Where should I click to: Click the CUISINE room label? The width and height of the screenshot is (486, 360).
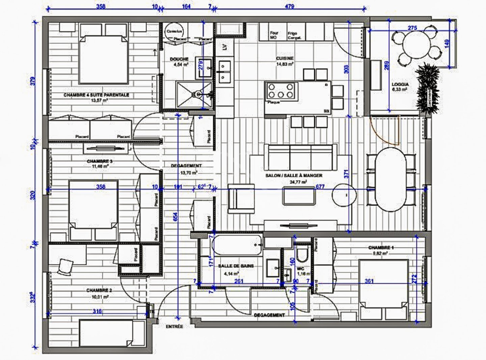click(x=285, y=58)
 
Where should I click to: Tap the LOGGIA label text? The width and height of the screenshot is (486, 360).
click(x=400, y=84)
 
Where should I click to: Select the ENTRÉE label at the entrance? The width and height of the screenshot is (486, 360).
click(x=174, y=327)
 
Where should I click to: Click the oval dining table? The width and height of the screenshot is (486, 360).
click(x=390, y=179)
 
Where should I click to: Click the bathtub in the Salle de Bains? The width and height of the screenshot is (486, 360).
click(x=237, y=245)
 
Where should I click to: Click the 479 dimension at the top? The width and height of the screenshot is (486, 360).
click(x=290, y=6)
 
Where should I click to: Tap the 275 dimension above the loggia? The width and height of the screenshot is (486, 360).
click(x=412, y=28)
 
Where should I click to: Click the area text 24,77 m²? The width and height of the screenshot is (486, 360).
click(x=298, y=182)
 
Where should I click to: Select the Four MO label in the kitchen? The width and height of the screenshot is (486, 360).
click(x=274, y=35)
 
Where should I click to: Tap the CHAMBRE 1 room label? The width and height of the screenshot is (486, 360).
click(x=381, y=248)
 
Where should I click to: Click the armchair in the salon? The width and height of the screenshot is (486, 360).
click(x=241, y=199)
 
